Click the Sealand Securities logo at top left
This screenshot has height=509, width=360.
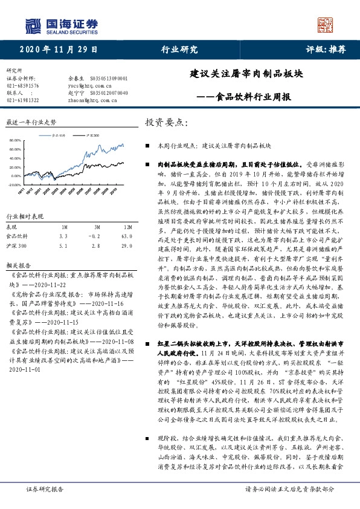(61, 25)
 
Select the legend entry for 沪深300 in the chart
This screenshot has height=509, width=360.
(91, 137)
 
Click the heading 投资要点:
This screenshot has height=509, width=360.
(167, 123)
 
